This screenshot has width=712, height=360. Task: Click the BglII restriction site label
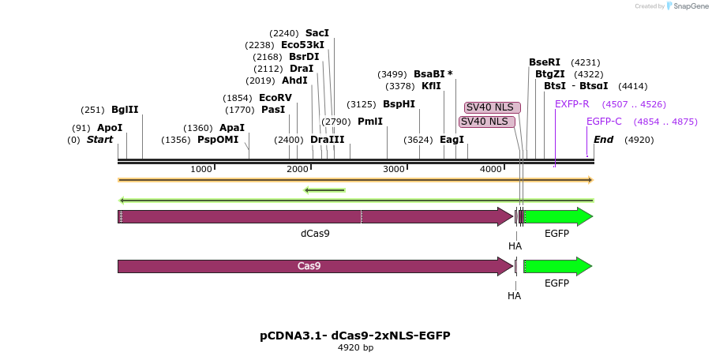pyautogui.click(x=125, y=110)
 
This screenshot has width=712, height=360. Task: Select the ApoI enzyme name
pyautogui.click(x=110, y=128)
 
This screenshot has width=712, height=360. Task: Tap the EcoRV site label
pyautogui.click(x=275, y=98)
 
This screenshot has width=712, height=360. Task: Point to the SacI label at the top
pyautogui.click(x=317, y=32)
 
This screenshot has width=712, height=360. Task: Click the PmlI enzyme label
pyautogui.click(x=370, y=122)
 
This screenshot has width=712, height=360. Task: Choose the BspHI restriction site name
pyautogui.click(x=399, y=104)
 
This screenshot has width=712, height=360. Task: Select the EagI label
pyautogui.click(x=452, y=140)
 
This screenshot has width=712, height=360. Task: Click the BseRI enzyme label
pyautogui.click(x=545, y=62)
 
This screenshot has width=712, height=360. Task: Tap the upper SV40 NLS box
pyautogui.click(x=493, y=107)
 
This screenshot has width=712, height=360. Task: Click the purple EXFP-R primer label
pyautogui.click(x=572, y=104)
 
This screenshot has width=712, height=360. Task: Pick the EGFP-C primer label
pyautogui.click(x=604, y=122)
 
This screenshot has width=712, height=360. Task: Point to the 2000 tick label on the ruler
pyautogui.click(x=298, y=169)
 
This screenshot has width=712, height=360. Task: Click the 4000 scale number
pyautogui.click(x=491, y=169)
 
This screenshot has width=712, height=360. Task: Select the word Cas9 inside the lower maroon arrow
pyautogui.click(x=309, y=265)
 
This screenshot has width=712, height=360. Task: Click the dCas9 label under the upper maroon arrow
pyautogui.click(x=315, y=234)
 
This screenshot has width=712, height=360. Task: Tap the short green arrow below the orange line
pyautogui.click(x=324, y=190)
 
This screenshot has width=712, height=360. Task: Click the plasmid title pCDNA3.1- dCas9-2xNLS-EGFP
pyautogui.click(x=355, y=336)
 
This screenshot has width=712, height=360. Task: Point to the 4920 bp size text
pyautogui.click(x=355, y=347)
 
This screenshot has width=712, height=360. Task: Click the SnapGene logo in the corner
pyautogui.click(x=687, y=6)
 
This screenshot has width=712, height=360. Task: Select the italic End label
pyautogui.click(x=604, y=140)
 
